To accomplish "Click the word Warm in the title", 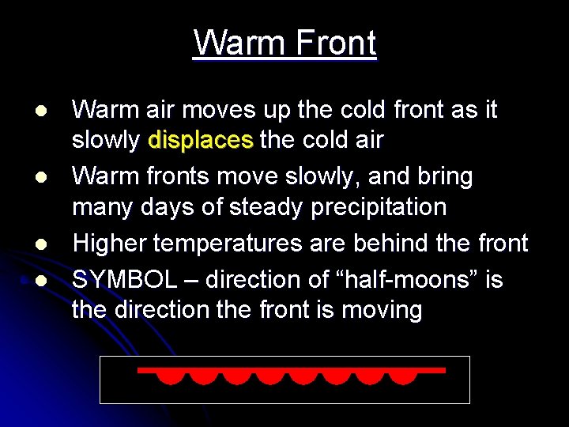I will click(237, 43).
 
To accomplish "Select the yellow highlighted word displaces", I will click(201, 141).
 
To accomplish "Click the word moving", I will click(382, 309).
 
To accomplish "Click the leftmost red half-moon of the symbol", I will click(168, 376).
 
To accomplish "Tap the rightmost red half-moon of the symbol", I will click(403, 376).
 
